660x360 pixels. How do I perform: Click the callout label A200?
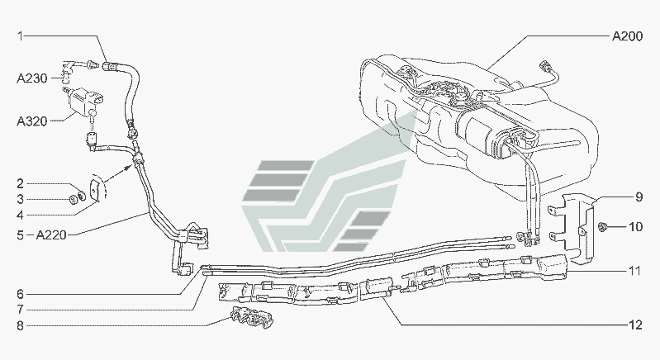(x=627, y=36)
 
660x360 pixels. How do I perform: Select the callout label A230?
(x=32, y=78)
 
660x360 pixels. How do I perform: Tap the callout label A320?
(x=32, y=121)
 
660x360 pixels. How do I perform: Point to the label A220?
(x=51, y=234)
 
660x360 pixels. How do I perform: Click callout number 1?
(x=20, y=36)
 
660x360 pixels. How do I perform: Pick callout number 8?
(x=20, y=325)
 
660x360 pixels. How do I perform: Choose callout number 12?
(x=635, y=324)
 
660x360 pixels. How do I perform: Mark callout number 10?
(x=635, y=227)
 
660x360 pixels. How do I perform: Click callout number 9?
(x=639, y=197)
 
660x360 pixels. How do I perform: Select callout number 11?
(x=635, y=271)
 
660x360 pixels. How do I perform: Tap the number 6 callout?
(x=20, y=295)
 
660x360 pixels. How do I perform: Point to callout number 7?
(x=20, y=310)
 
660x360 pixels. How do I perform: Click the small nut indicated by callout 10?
(x=603, y=228)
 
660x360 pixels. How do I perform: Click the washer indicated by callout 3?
(x=74, y=199)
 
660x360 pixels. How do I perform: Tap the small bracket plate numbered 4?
(x=95, y=192)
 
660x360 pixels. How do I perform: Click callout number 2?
(x=20, y=184)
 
